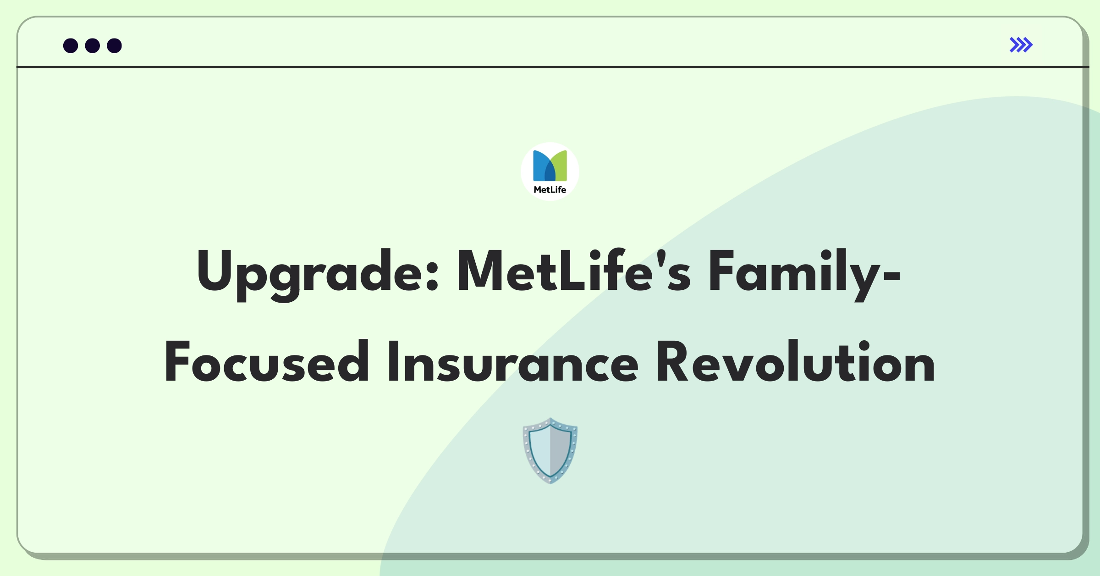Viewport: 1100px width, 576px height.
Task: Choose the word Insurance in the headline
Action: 513,361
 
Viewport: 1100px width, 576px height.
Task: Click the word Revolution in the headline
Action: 796,361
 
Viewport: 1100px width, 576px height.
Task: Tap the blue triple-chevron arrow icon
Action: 1021,45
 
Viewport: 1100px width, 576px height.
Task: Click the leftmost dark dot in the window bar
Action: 71,46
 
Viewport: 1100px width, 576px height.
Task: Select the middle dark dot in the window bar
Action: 93,46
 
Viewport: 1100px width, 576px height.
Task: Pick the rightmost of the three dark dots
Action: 115,46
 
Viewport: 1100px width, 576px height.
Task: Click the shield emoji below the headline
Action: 550,450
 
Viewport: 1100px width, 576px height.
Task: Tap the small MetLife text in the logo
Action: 550,190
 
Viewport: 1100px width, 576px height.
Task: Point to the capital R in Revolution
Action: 673,361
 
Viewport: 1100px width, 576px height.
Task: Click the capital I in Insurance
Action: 392,361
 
